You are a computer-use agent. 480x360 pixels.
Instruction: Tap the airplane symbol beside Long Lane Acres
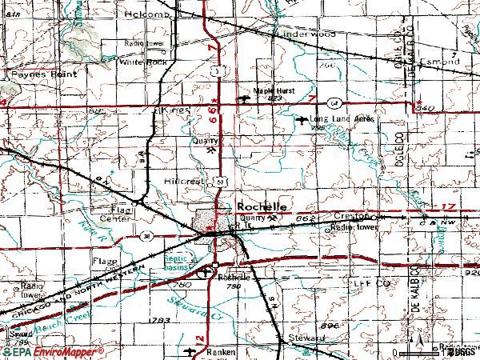coord(301,121)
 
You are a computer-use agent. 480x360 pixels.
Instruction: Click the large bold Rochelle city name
coord(262,206)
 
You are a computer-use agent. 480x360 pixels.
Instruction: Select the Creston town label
coord(354,216)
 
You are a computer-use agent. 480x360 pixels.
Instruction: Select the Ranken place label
coord(220,351)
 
